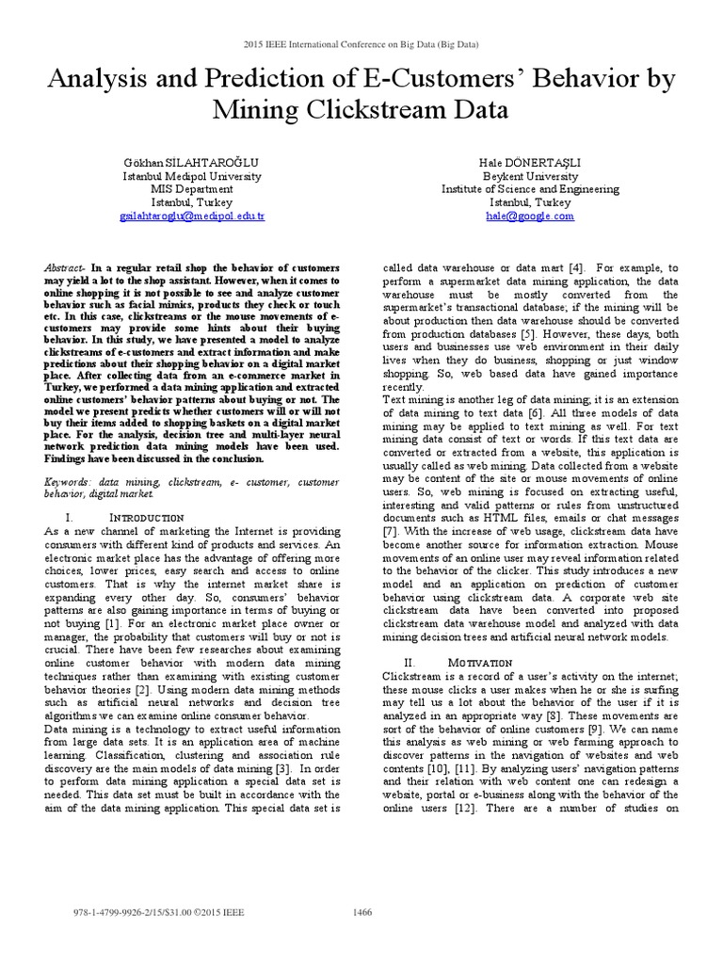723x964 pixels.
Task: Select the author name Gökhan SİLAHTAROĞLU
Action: tap(193, 162)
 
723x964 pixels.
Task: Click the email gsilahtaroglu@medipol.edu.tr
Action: tap(193, 216)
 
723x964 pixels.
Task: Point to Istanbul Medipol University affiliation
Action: tap(193, 176)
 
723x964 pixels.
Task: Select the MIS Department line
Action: tap(193, 189)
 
